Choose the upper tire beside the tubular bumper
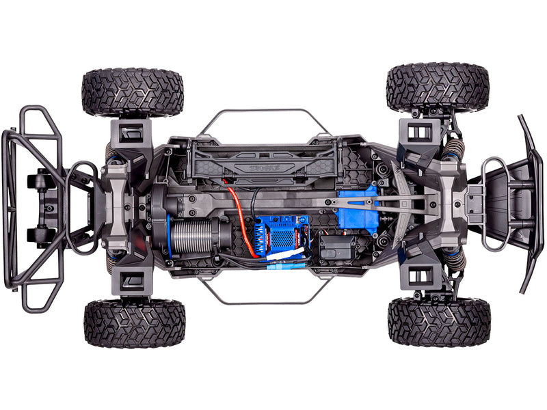coord(133,92)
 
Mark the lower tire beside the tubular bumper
coord(135,323)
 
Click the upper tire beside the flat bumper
coord(438,87)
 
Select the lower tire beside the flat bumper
coord(439,321)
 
